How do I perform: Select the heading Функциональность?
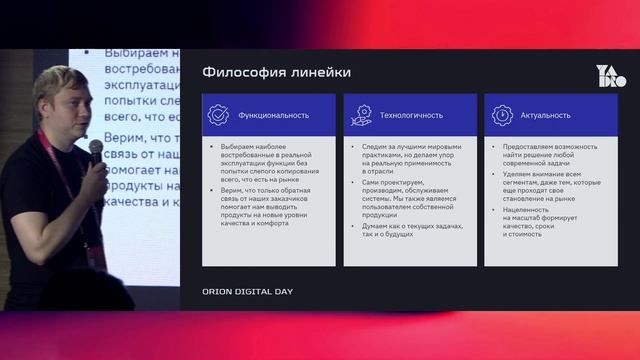point(273,115)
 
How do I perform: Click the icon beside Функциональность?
point(218,115)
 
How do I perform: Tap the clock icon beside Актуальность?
point(501,115)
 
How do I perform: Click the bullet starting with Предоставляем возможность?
point(550,154)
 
